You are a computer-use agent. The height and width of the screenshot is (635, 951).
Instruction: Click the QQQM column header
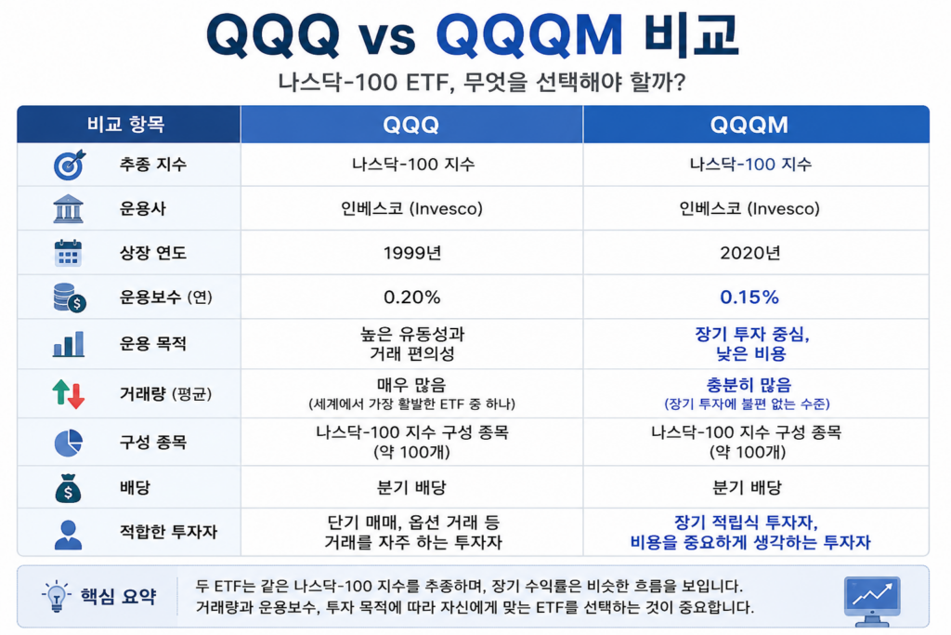pyautogui.click(x=749, y=126)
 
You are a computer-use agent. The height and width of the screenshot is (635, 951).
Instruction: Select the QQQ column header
pyautogui.click(x=410, y=126)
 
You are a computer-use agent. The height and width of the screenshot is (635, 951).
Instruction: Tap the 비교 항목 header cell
pyautogui.click(x=125, y=125)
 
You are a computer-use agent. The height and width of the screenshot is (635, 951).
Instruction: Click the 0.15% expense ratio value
pyautogui.click(x=749, y=297)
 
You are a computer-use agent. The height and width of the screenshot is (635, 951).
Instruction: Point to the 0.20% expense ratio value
pyautogui.click(x=411, y=297)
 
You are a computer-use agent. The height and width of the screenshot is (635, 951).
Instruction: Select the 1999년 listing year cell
pyautogui.click(x=411, y=253)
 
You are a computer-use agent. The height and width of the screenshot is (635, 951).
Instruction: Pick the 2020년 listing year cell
pyautogui.click(x=749, y=253)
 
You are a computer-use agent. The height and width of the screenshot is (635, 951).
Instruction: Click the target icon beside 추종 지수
pyautogui.click(x=69, y=165)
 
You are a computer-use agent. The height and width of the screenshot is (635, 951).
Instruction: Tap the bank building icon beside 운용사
pyautogui.click(x=68, y=209)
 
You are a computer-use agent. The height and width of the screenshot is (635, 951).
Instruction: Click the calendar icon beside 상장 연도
pyautogui.click(x=68, y=253)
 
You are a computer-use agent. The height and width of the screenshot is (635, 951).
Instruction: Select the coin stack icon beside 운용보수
pyautogui.click(x=69, y=298)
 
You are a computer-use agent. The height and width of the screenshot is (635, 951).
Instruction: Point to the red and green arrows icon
pyautogui.click(x=68, y=394)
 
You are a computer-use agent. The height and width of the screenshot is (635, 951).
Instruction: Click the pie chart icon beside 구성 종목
pyautogui.click(x=68, y=443)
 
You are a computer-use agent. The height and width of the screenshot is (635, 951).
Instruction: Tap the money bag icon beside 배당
pyautogui.click(x=68, y=488)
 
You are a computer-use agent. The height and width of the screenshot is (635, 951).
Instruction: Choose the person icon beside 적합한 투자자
pyautogui.click(x=68, y=535)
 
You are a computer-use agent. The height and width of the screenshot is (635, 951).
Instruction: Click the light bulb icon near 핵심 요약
pyautogui.click(x=56, y=596)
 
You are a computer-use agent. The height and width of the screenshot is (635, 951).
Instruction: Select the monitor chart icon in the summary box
pyautogui.click(x=872, y=601)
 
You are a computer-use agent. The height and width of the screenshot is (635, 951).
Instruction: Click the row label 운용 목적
pyautogui.click(x=153, y=344)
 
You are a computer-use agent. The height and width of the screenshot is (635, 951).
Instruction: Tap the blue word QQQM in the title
pyautogui.click(x=528, y=34)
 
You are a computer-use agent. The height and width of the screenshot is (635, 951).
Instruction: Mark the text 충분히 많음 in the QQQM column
pyautogui.click(x=749, y=385)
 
